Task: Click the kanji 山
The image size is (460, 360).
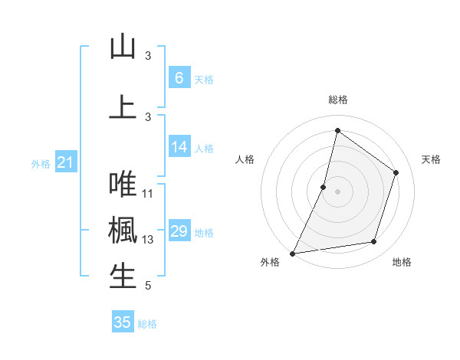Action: (x=123, y=47)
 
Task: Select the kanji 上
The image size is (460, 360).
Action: (x=123, y=106)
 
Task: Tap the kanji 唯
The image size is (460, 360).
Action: (x=123, y=185)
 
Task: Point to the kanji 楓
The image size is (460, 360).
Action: (x=123, y=231)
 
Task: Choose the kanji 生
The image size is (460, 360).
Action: (x=123, y=277)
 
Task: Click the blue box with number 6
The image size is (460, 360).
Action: (x=179, y=78)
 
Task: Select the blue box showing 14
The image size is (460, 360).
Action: (x=179, y=148)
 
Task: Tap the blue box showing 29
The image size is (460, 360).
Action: (x=179, y=232)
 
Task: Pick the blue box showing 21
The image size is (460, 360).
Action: (x=65, y=162)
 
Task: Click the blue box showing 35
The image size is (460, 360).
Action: (x=123, y=322)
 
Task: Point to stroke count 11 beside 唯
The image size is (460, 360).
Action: (x=148, y=194)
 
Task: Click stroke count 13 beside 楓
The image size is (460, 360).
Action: (x=148, y=240)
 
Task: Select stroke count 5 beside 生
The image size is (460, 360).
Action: (x=147, y=286)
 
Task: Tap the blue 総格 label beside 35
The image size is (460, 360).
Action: (x=148, y=324)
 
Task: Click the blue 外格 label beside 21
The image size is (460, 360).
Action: (x=41, y=163)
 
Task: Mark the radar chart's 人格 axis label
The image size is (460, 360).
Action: (x=245, y=159)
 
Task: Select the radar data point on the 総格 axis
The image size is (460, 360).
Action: (x=337, y=131)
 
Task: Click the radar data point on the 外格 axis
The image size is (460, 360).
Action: (x=293, y=253)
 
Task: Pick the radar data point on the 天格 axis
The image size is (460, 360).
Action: (x=396, y=172)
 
